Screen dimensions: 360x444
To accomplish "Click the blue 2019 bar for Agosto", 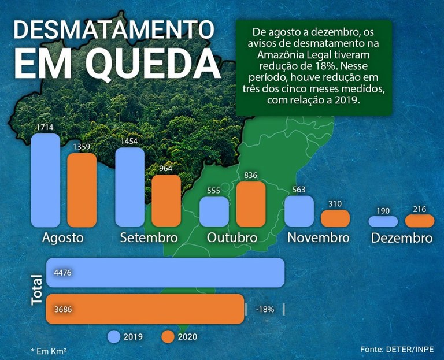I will pyautogui.click(x=46, y=180).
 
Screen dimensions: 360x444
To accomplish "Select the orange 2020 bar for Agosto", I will pyautogui.click(x=82, y=190).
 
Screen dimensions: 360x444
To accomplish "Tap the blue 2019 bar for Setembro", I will pyautogui.click(x=130, y=187).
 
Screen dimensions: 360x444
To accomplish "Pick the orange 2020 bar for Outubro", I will pyautogui.click(x=251, y=204).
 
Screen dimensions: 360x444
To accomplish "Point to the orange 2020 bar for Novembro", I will pyautogui.click(x=335, y=218).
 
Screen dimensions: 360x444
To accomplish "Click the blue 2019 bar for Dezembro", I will pyautogui.click(x=383, y=221).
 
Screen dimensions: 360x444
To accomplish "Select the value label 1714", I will pyautogui.click(x=46, y=127).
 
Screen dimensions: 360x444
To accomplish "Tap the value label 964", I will pyautogui.click(x=166, y=168).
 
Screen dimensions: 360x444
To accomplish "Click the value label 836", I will pyautogui.click(x=251, y=175).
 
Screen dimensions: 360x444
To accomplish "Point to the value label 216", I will pyautogui.click(x=419, y=208).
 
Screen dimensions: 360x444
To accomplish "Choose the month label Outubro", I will pyautogui.click(x=232, y=238).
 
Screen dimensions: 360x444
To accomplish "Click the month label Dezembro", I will pyautogui.click(x=402, y=238).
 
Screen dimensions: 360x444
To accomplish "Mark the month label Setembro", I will pyautogui.click(x=147, y=238).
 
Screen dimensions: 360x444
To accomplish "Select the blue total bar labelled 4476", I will pyautogui.click(x=168, y=272).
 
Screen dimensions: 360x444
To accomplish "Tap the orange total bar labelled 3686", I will pyautogui.click(x=145, y=309).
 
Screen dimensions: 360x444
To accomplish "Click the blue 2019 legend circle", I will pyautogui.click(x=114, y=336).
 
